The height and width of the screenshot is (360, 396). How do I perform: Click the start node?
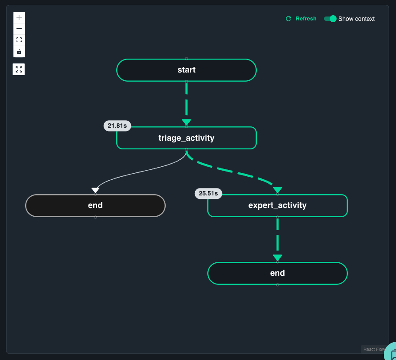click(x=187, y=70)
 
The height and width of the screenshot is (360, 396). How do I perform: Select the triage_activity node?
click(x=187, y=138)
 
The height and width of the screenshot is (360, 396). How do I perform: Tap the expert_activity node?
click(x=278, y=205)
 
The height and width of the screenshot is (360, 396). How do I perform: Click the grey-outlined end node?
click(x=95, y=205)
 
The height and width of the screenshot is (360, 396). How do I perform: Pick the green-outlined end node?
click(x=278, y=273)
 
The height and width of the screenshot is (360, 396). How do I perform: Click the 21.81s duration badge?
click(x=117, y=126)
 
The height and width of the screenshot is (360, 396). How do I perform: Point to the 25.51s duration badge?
click(x=208, y=194)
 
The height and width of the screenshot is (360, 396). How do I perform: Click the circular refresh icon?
click(x=288, y=19)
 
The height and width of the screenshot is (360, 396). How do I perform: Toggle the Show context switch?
click(x=330, y=19)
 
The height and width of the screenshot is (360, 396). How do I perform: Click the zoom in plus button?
click(x=19, y=17)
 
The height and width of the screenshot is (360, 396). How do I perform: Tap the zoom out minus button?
click(x=19, y=29)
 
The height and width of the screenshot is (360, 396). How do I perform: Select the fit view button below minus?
click(x=19, y=40)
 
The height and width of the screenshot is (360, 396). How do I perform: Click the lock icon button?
click(x=19, y=52)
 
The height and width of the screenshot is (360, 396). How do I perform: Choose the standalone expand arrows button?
click(x=19, y=69)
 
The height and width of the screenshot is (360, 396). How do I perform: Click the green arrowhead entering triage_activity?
click(x=187, y=122)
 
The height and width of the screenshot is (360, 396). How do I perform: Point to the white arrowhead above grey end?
click(x=95, y=190)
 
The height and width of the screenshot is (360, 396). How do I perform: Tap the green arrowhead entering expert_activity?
click(x=278, y=190)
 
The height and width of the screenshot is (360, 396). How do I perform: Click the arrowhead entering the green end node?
click(x=278, y=258)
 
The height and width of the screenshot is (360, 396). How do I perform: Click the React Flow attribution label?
click(x=374, y=349)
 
